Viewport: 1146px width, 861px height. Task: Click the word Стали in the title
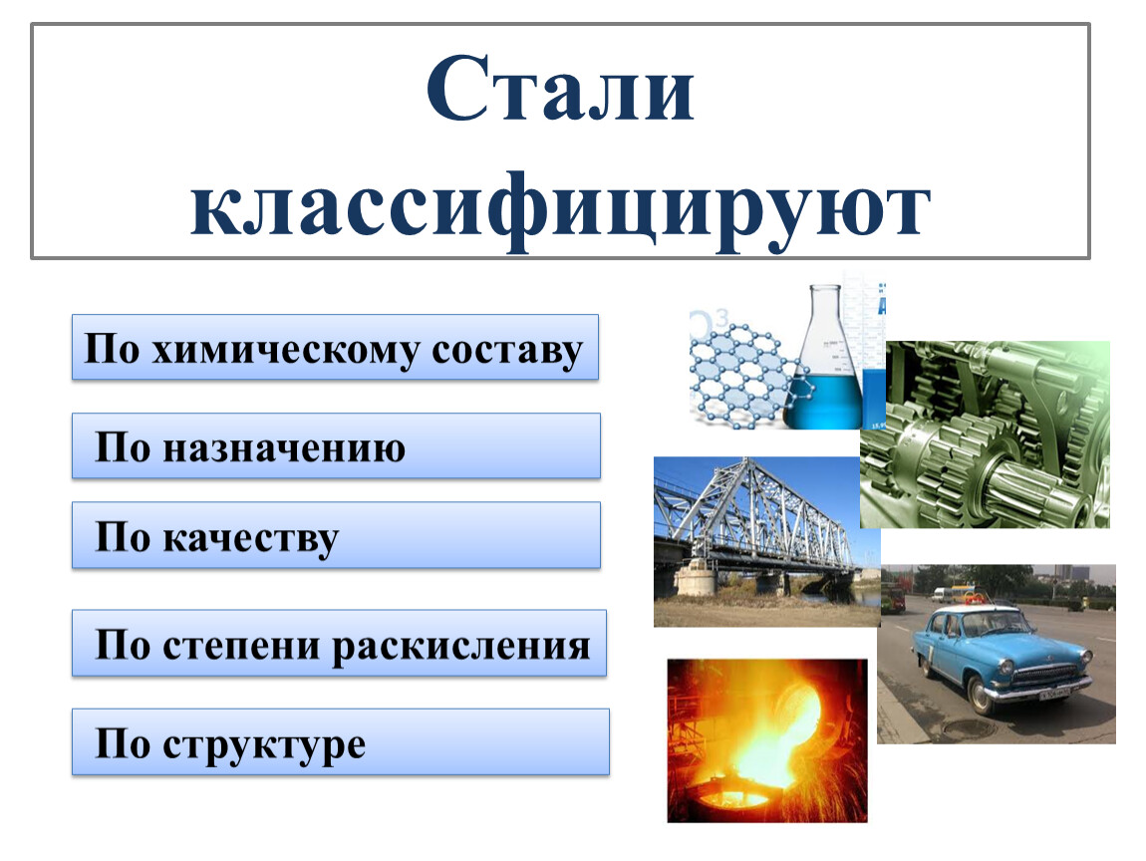[560, 89]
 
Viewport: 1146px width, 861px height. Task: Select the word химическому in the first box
[285, 350]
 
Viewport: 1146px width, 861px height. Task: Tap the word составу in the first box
[507, 350]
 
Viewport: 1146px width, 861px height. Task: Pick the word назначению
[284, 447]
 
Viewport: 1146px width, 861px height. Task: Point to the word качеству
[251, 539]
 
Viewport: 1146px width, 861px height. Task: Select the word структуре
[264, 745]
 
